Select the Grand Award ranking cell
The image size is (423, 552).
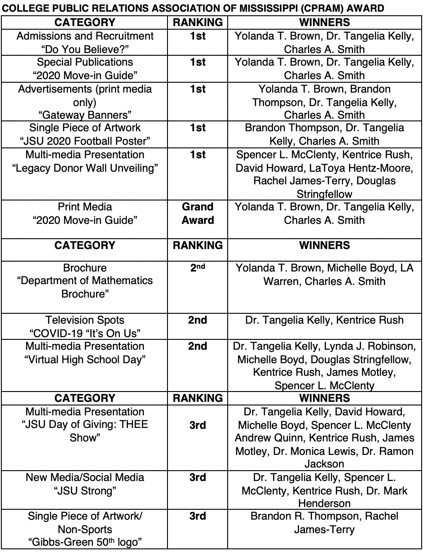click(x=198, y=214)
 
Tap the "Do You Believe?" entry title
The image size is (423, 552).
click(x=85, y=49)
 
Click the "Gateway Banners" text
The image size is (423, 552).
click(x=85, y=115)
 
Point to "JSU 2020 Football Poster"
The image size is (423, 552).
click(x=85, y=141)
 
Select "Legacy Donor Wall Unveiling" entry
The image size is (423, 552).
click(x=85, y=168)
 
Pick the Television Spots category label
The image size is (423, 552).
click(x=85, y=320)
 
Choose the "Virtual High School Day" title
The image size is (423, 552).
click(x=85, y=360)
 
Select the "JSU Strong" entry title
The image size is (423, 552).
click(x=85, y=490)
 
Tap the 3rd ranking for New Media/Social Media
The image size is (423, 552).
click(x=198, y=477)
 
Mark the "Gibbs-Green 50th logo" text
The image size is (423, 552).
click(x=85, y=543)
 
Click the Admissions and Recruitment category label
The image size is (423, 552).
click(x=85, y=36)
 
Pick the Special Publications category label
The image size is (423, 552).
click(x=85, y=62)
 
